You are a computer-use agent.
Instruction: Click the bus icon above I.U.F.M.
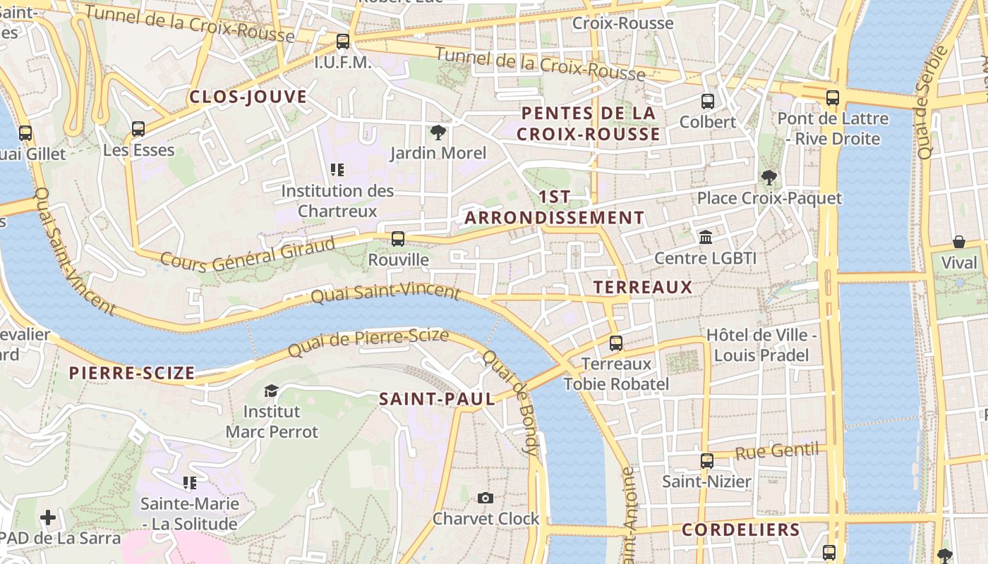point(343,42)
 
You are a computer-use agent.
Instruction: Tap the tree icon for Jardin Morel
point(438,132)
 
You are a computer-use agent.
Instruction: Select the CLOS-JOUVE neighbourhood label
point(248,97)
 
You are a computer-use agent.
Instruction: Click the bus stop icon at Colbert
point(708,102)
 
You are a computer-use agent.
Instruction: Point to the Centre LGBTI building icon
point(706,238)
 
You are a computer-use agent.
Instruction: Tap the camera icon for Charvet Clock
point(485,498)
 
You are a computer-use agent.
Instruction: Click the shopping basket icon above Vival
point(959,243)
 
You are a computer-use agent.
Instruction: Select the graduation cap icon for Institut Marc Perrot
point(271,391)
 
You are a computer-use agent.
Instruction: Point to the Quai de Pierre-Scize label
point(368,342)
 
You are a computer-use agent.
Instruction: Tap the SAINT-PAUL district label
point(437,399)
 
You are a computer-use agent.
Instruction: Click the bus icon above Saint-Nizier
point(707,461)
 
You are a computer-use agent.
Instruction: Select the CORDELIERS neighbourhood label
point(741,530)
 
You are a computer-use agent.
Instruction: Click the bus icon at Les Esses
point(138,129)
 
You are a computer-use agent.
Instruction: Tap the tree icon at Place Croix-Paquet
point(769,178)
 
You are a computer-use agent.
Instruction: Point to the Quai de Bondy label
point(511,401)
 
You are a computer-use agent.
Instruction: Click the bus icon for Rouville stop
point(398,239)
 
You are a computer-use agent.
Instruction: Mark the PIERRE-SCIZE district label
point(131,373)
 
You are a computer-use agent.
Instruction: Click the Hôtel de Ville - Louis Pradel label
point(761,345)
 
